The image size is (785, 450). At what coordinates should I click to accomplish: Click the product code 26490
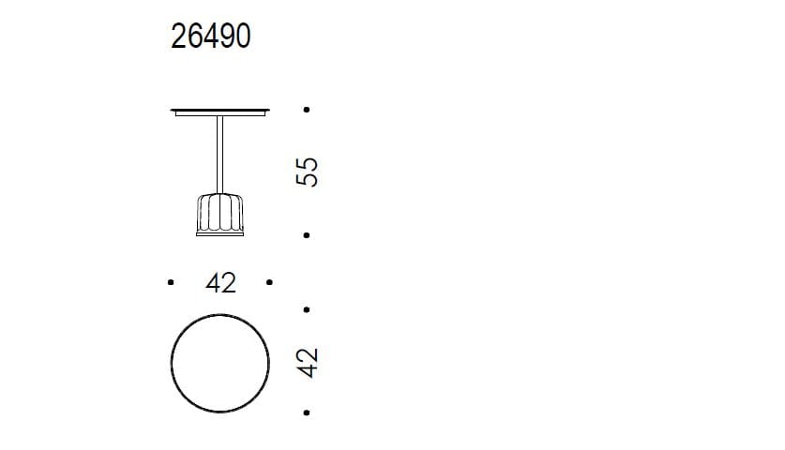click(x=211, y=37)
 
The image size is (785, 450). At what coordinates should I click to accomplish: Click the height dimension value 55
click(x=307, y=172)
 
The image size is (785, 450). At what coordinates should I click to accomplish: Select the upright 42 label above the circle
click(x=220, y=282)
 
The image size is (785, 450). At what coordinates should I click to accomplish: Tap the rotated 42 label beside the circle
click(x=307, y=361)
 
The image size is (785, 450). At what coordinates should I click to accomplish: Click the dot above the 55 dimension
click(x=308, y=110)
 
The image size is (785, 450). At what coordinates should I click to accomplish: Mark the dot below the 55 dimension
click(x=308, y=235)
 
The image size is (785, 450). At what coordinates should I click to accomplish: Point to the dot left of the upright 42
click(x=170, y=281)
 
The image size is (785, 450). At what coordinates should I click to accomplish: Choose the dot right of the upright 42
click(x=270, y=281)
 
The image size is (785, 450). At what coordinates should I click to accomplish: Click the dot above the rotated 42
click(x=308, y=307)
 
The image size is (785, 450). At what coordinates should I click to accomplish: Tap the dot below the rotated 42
click(x=308, y=412)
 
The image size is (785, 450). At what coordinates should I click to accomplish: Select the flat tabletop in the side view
click(x=221, y=112)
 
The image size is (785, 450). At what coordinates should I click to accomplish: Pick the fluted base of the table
click(x=220, y=214)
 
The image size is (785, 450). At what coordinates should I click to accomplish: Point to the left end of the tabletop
click(x=174, y=112)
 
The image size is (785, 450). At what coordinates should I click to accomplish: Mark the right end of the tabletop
click(x=269, y=112)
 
